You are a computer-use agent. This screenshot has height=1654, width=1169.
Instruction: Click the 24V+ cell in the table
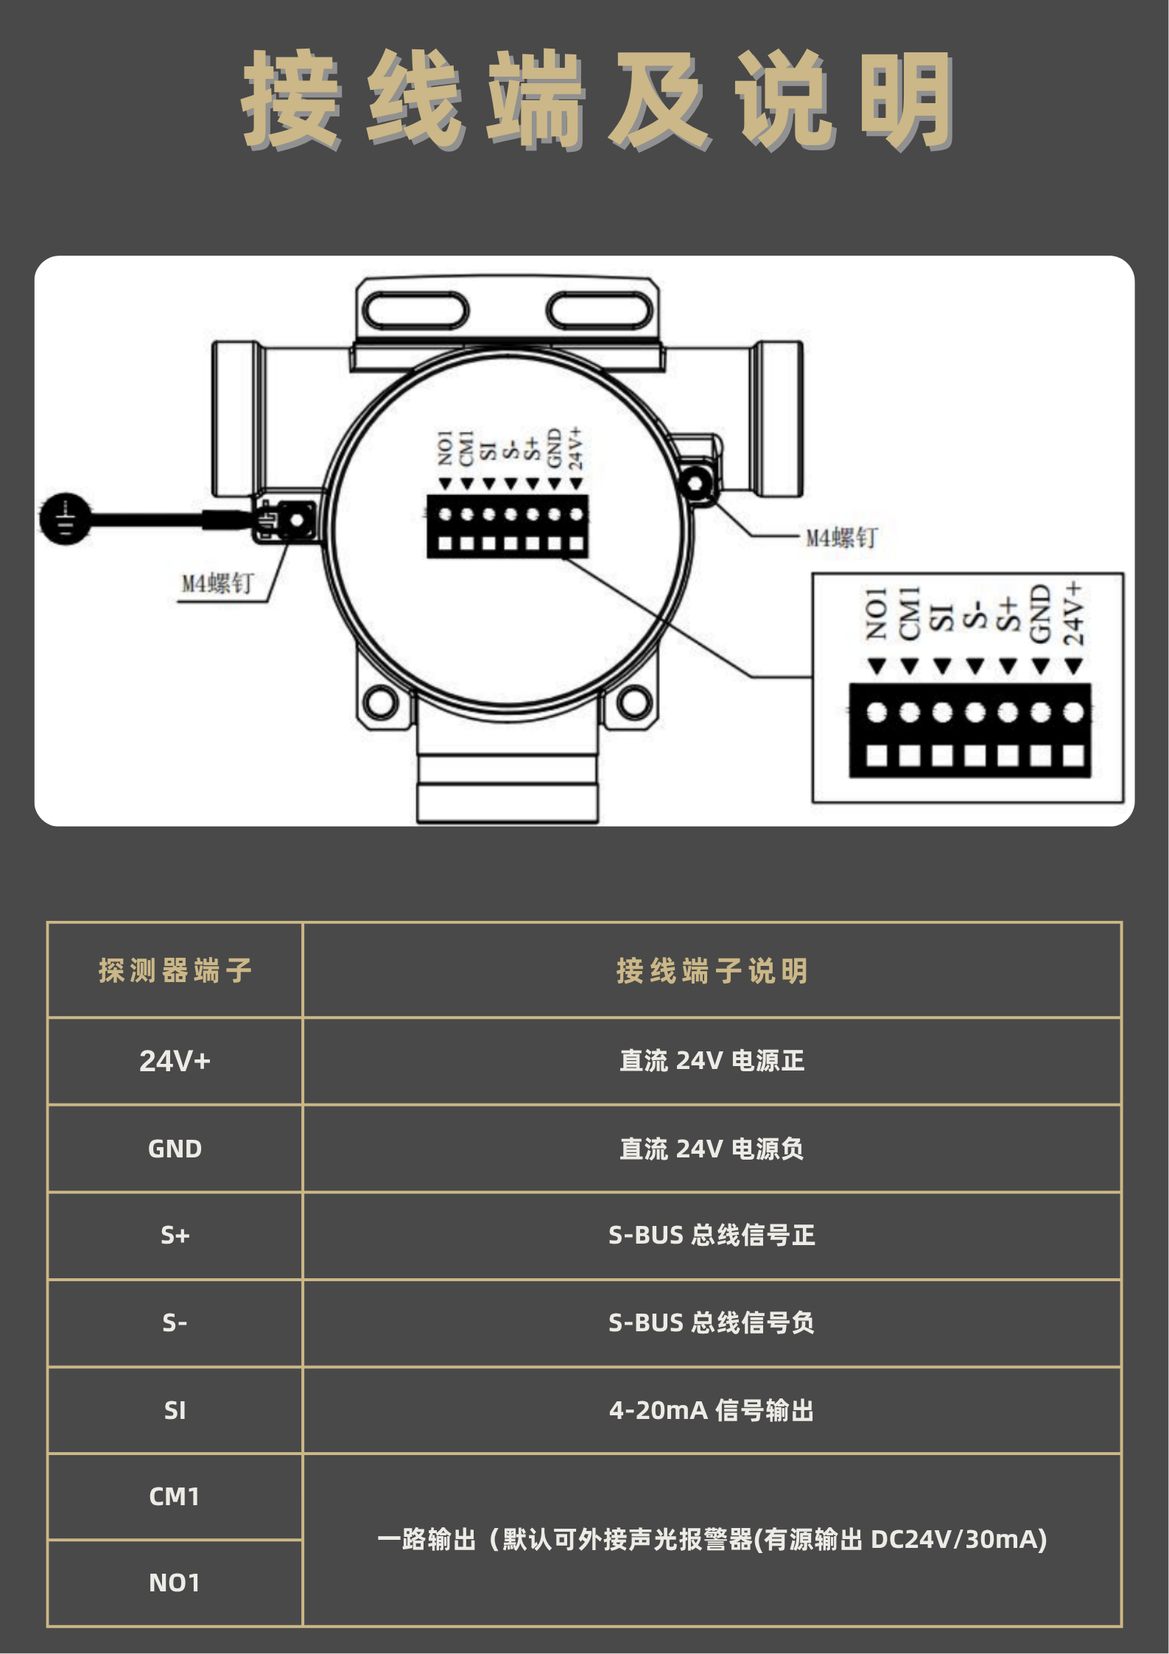pyautogui.click(x=175, y=1061)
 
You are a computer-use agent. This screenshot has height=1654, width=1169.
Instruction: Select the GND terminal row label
pyautogui.click(x=175, y=1149)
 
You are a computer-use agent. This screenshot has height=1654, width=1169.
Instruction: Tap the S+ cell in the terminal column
pyautogui.click(x=175, y=1235)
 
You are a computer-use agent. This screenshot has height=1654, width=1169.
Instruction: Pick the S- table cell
pyautogui.click(x=175, y=1322)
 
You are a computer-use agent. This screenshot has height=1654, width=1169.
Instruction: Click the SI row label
pyautogui.click(x=175, y=1410)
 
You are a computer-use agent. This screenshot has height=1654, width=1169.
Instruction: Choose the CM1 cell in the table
pyautogui.click(x=175, y=1496)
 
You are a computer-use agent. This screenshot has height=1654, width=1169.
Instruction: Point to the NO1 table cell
pyautogui.click(x=175, y=1583)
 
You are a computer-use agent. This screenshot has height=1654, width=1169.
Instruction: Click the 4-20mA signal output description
pyautogui.click(x=712, y=1410)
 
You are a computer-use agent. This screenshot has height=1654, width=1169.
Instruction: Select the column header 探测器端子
pyautogui.click(x=175, y=970)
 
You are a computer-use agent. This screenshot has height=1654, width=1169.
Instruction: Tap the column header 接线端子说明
pyautogui.click(x=712, y=970)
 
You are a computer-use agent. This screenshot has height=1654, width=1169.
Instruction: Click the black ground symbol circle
pyautogui.click(x=66, y=519)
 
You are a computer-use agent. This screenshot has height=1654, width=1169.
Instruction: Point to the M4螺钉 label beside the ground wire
pyautogui.click(x=217, y=584)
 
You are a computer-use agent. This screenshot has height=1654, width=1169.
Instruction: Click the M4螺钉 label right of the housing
pyautogui.click(x=841, y=538)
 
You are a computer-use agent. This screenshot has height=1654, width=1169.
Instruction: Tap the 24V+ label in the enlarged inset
pyautogui.click(x=1073, y=613)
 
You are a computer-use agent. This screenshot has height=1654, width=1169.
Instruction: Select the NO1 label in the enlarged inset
pyautogui.click(x=876, y=614)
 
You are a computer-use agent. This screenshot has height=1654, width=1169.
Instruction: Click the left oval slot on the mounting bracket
pyautogui.click(x=415, y=310)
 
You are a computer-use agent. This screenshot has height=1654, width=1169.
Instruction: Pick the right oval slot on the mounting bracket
pyautogui.click(x=600, y=310)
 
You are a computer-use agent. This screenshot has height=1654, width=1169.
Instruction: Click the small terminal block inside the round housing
pyautogui.click(x=508, y=526)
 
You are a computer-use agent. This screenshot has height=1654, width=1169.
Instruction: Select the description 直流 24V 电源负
pyautogui.click(x=712, y=1149)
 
